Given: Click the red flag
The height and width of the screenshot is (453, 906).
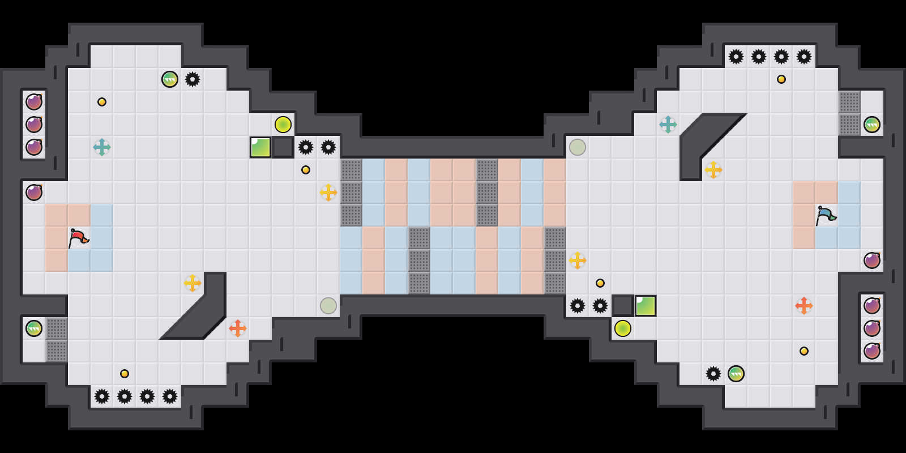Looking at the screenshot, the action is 78,238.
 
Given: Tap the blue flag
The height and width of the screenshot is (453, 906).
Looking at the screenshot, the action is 826,215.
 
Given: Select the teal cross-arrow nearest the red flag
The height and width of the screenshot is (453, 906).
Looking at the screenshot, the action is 102,147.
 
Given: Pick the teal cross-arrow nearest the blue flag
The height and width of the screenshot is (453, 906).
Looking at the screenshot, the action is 668,125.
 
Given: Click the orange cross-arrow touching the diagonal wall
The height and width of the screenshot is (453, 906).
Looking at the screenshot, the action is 238,328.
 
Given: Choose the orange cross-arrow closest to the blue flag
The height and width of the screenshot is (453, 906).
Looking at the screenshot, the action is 804,306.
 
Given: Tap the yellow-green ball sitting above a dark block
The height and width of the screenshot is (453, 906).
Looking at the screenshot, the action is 283,125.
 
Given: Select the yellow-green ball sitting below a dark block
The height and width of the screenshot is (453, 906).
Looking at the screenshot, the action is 623,328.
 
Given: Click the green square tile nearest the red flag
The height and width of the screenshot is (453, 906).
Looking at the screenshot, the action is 260,147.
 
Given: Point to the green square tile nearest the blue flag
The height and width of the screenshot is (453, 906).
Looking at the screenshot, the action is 646,306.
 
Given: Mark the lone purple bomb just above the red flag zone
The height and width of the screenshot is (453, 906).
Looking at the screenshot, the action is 34,193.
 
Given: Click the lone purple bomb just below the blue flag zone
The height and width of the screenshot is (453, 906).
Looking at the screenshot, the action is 872,260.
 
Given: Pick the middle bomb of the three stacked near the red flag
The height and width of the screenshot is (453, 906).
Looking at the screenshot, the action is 34,125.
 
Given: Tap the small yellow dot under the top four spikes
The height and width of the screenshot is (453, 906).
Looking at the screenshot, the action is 781,79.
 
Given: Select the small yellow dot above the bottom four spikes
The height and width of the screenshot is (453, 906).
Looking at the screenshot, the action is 125,374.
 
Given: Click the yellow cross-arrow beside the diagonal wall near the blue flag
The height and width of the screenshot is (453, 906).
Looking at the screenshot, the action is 713,170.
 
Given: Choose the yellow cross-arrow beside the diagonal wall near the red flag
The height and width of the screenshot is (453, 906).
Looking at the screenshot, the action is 193,283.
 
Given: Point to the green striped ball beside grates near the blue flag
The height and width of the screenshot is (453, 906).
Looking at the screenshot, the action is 872,125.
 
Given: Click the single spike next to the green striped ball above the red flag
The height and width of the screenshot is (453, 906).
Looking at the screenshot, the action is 193,79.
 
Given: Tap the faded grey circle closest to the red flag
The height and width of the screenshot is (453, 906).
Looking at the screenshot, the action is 328,306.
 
